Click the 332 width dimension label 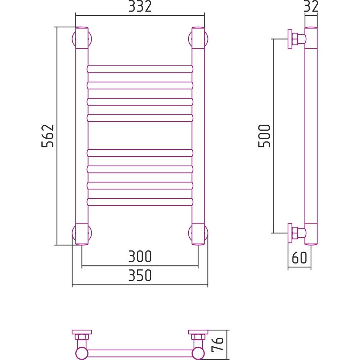click(x=140, y=6)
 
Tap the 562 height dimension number click(x=48, y=136)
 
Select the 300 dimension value click(x=140, y=256)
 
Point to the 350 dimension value click(x=140, y=275)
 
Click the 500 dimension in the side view click(x=265, y=136)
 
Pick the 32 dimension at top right click(x=311, y=6)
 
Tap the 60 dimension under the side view click(x=300, y=257)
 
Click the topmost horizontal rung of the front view click(x=140, y=69)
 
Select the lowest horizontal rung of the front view click(x=140, y=202)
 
